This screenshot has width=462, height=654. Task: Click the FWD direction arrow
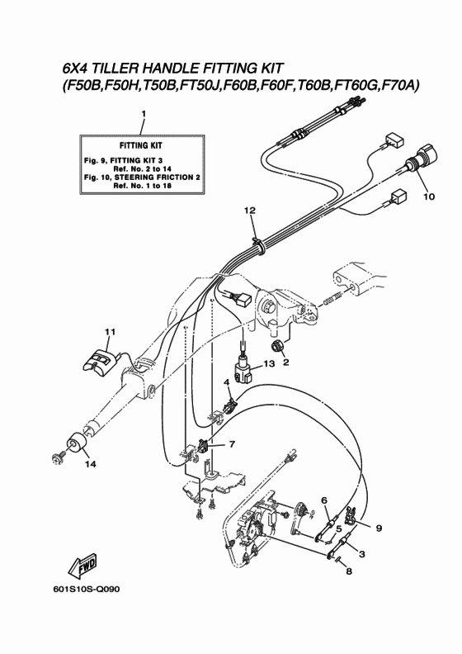coord(82,567)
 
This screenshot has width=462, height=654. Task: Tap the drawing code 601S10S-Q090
coord(86,590)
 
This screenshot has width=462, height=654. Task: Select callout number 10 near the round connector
coord(429,197)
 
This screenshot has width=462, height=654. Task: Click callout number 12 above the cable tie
coord(250,211)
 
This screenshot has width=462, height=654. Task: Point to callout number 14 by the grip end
coord(91,464)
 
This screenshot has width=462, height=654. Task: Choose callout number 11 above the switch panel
coord(110,332)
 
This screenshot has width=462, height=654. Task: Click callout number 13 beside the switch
coord(269,363)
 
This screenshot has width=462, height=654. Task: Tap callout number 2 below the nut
coord(285,363)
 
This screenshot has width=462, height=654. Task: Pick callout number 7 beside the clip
coord(232,444)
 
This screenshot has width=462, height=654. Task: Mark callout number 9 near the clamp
coord(379,528)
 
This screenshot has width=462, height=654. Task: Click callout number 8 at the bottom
coord(349,571)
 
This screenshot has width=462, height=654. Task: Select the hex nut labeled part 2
coord(276,346)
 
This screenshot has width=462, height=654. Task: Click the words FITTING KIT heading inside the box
coord(141,145)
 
